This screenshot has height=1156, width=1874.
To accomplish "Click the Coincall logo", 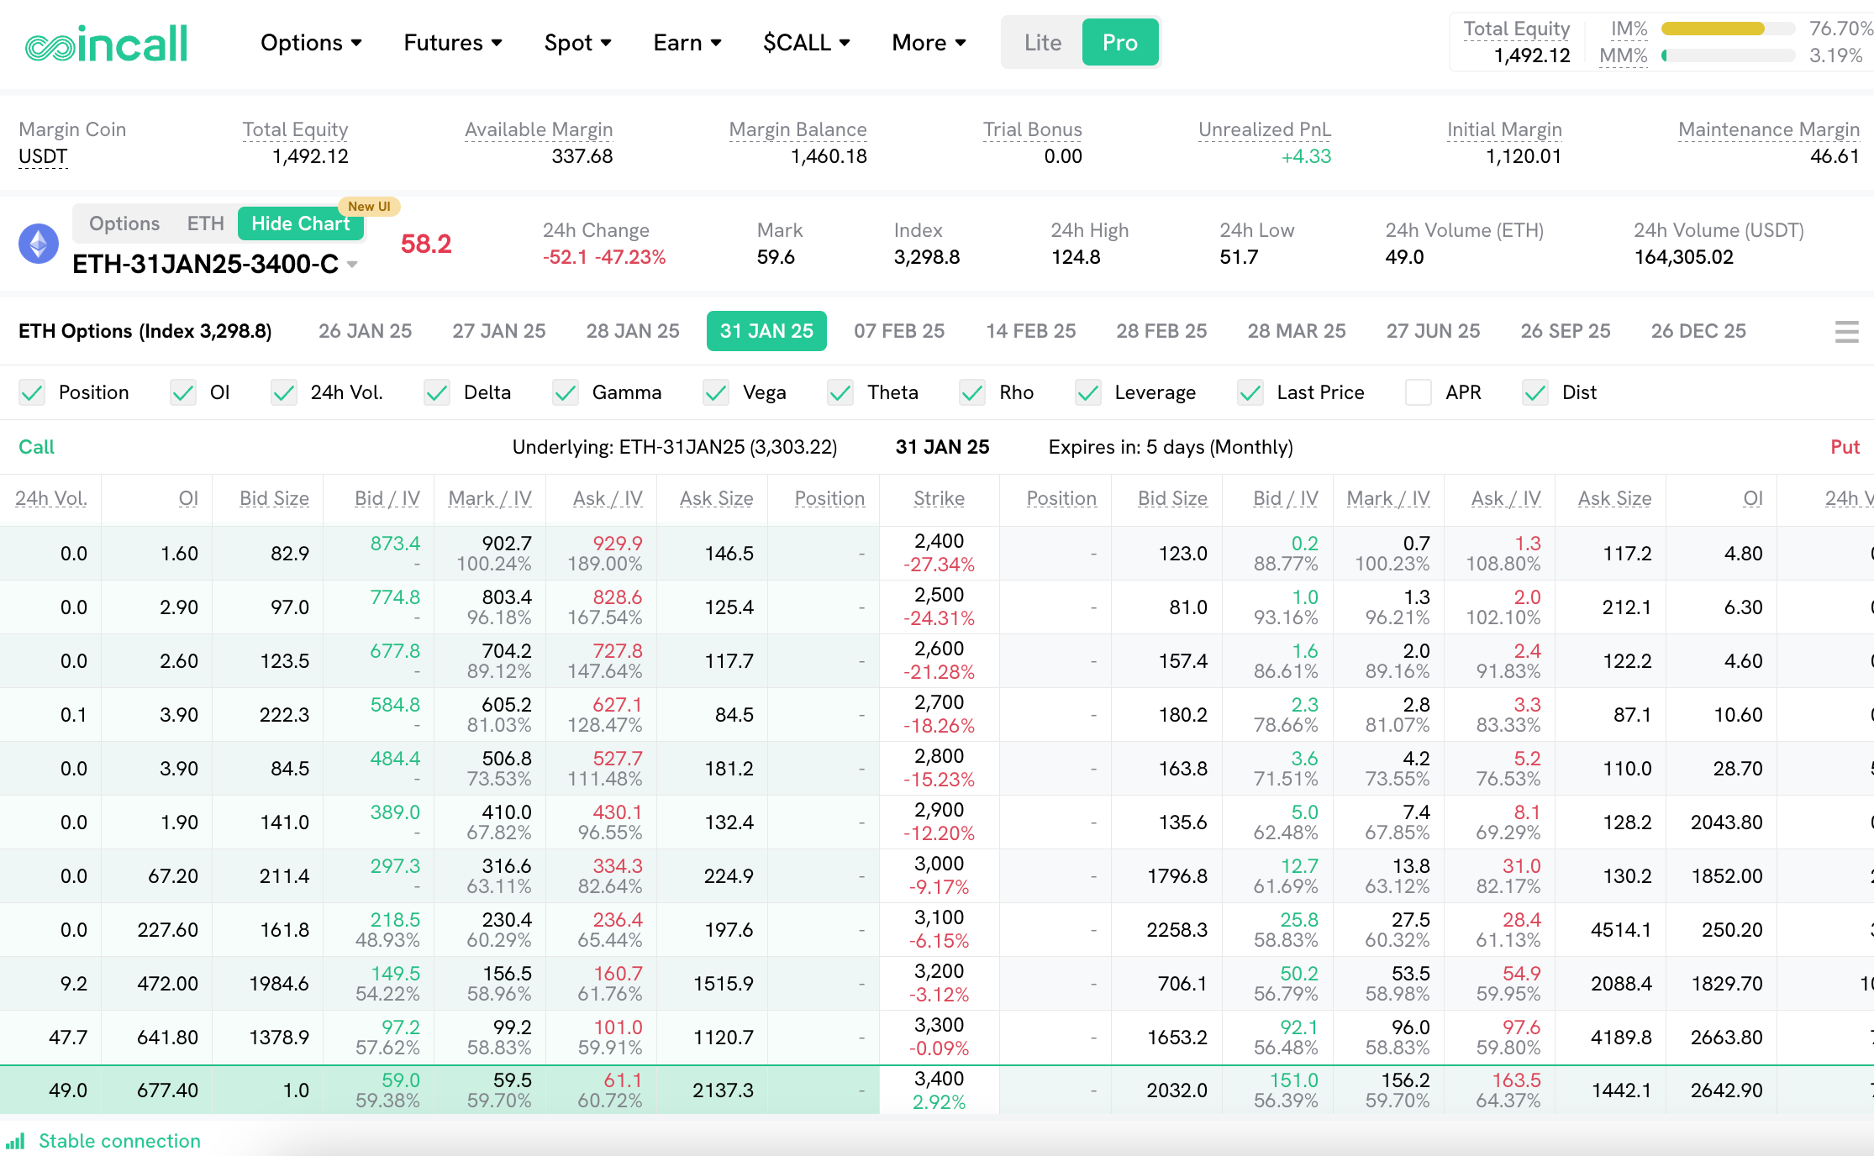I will pyautogui.click(x=106, y=44).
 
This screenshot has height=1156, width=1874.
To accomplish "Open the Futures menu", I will pyautogui.click(x=452, y=43).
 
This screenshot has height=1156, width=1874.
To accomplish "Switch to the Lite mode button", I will pyautogui.click(x=1042, y=43).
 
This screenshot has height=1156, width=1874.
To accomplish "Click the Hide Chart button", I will pyautogui.click(x=300, y=223).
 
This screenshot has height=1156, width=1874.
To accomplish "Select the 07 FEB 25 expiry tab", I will pyautogui.click(x=899, y=331).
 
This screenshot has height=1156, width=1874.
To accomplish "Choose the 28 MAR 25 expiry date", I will pyautogui.click(x=1296, y=331).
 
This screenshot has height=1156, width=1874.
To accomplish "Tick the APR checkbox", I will pyautogui.click(x=1419, y=392).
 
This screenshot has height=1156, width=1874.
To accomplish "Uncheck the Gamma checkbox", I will pyautogui.click(x=566, y=392).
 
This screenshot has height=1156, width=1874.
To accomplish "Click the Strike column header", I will pyautogui.click(x=939, y=498).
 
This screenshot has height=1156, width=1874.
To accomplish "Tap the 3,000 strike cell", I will pyautogui.click(x=939, y=864).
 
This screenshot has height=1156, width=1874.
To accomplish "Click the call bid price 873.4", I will pyautogui.click(x=395, y=544).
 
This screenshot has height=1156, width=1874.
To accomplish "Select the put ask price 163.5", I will pyautogui.click(x=1516, y=1080).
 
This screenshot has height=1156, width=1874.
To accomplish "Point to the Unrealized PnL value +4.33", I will pyautogui.click(x=1306, y=156).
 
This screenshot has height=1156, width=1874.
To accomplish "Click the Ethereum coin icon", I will pyautogui.click(x=39, y=244).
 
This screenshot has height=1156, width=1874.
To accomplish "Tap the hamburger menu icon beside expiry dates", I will pyautogui.click(x=1846, y=332).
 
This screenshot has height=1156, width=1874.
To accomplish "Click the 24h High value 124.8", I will pyautogui.click(x=1076, y=257).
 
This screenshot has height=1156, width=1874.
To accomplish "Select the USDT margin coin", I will pyautogui.click(x=43, y=157).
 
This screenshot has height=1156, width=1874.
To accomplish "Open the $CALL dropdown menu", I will pyautogui.click(x=806, y=43).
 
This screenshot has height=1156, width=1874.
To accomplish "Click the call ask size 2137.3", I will pyautogui.click(x=723, y=1090).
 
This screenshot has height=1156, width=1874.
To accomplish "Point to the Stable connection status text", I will pyautogui.click(x=119, y=1141).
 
